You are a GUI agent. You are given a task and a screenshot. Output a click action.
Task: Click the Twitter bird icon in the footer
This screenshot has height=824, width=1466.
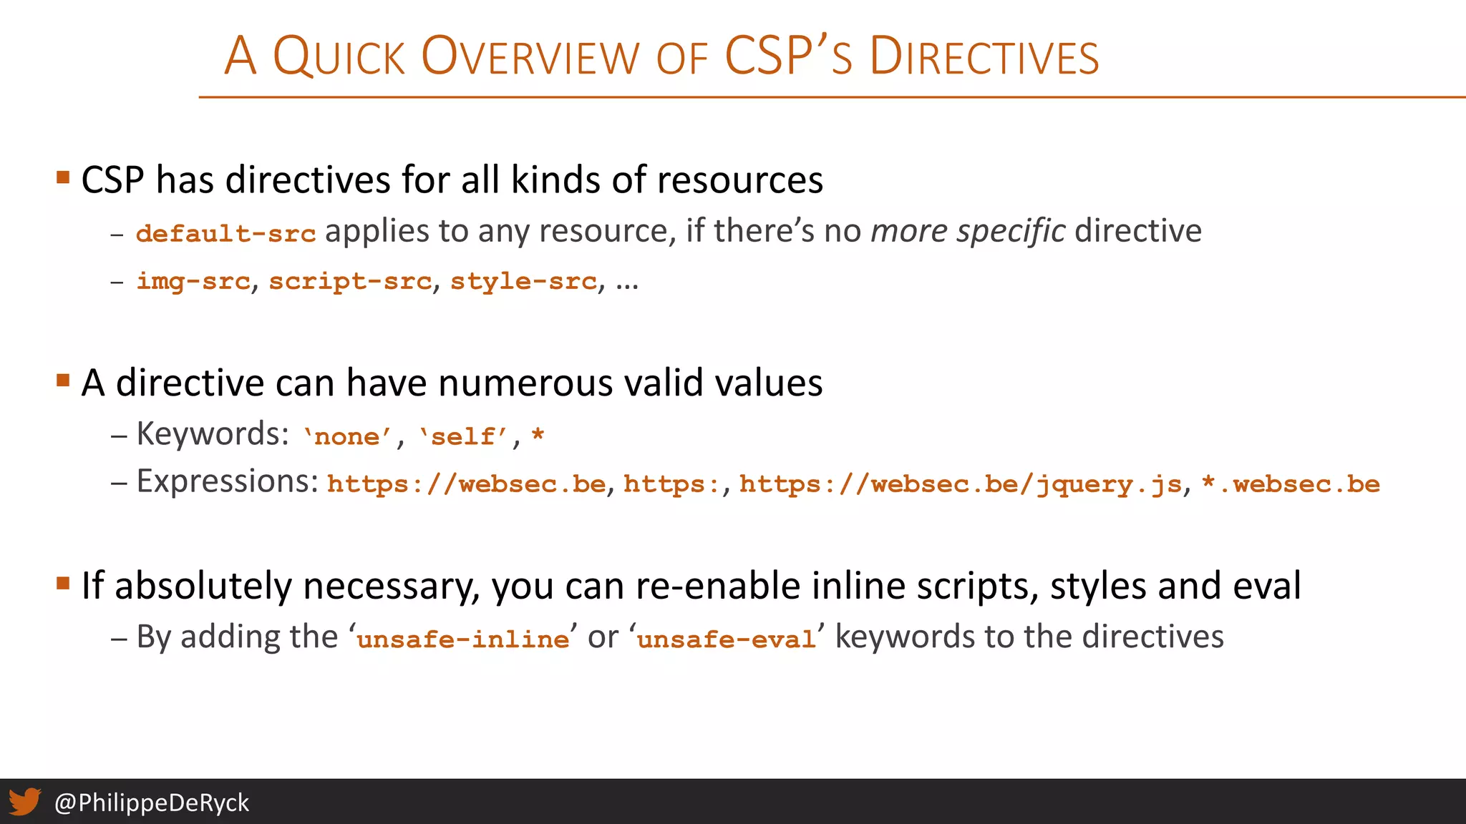tap(24, 802)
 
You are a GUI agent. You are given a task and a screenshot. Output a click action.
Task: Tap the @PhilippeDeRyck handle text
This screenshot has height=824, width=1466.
tap(152, 803)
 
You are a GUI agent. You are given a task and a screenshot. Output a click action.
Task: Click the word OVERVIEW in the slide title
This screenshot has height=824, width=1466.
tap(530, 57)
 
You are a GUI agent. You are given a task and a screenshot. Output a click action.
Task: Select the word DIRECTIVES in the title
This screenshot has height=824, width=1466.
tap(984, 57)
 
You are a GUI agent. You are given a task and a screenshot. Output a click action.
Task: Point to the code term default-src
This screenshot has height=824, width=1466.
tap(225, 233)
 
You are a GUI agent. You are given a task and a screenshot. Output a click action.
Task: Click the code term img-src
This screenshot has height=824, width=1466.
tap(193, 281)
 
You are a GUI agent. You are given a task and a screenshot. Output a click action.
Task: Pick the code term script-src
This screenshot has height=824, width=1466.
tap(350, 281)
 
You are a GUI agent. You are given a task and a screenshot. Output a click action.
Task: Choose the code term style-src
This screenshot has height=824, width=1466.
tap(523, 281)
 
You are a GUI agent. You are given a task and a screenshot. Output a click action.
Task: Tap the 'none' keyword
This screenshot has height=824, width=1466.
tap(347, 436)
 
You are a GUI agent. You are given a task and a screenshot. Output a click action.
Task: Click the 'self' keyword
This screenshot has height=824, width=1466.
tap(463, 436)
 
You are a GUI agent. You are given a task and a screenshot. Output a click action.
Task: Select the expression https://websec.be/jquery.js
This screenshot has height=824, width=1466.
tap(960, 484)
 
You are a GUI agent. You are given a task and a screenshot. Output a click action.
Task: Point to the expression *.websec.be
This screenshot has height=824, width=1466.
tap(1291, 484)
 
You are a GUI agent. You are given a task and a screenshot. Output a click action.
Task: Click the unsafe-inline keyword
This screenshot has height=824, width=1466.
tap(463, 639)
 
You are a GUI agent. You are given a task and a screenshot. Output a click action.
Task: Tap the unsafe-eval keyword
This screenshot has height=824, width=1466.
tap(726, 639)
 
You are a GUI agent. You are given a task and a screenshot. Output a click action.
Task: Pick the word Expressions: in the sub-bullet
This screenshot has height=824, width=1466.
tap(228, 481)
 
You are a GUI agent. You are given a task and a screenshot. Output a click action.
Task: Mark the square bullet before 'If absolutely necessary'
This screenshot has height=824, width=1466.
tap(63, 583)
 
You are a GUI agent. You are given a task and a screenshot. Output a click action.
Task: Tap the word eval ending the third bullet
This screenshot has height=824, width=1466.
tap(1266, 586)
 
